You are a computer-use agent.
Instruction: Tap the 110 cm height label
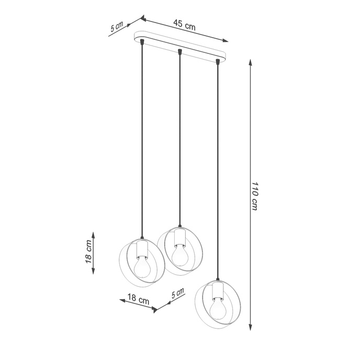coord(254,196)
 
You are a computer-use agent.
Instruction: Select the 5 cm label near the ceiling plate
coord(116,27)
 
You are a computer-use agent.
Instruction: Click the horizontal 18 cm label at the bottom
coord(139,300)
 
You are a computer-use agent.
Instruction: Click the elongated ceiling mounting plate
coord(181,48)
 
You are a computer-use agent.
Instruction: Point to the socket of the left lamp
coord(142,248)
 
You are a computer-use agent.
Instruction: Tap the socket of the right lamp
coord(217,290)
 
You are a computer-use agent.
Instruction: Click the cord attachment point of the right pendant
coord(217,62)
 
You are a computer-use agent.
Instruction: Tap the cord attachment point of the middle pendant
coord(180,52)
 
